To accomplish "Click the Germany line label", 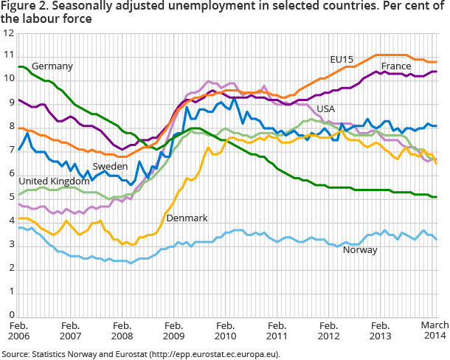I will [x=52, y=66].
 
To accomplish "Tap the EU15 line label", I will [x=342, y=59].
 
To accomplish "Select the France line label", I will [x=395, y=66].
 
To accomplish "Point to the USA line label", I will [x=325, y=109].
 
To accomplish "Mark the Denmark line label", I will [x=187, y=218].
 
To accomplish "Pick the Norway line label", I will [x=360, y=249].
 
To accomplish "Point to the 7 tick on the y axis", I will [x=10, y=151].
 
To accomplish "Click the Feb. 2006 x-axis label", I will [x=18, y=330].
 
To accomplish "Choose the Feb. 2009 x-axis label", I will [x=173, y=330].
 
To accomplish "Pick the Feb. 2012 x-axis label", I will [x=328, y=330].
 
